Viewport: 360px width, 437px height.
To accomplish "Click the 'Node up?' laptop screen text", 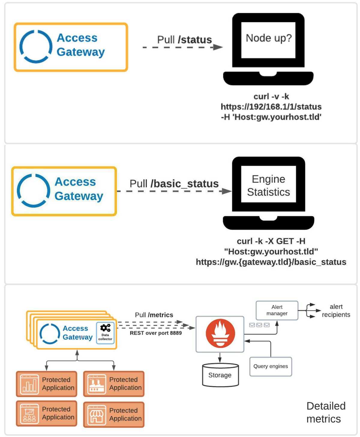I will point(268,38).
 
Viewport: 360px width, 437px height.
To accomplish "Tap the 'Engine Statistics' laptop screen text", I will point(268,185).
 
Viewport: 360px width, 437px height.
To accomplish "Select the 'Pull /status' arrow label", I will point(184,40).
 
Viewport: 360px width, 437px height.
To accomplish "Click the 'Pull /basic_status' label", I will point(174,184).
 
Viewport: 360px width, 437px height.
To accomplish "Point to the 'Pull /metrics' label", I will point(154,315).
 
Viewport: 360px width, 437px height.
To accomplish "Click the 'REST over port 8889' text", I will point(156,333).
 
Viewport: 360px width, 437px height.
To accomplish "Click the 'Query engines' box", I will point(271,366).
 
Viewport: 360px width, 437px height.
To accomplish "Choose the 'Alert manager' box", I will point(277,310).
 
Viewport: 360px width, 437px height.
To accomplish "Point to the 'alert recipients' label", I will point(336,311).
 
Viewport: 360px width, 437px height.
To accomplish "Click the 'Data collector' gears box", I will point(105,333).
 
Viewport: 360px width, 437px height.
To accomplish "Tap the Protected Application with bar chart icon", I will point(47,384).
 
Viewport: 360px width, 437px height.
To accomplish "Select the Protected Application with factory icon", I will point(114,384).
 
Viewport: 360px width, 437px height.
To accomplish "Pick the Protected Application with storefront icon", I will point(114,414).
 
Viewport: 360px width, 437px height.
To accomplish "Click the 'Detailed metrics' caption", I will point(326,412).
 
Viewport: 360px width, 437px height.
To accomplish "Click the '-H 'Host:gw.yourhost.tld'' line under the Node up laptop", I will point(271,117).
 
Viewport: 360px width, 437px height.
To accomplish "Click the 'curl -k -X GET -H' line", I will point(271,241).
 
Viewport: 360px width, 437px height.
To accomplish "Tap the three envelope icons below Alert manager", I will point(259,325).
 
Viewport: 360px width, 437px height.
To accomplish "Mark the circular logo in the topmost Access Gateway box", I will point(36,47).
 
